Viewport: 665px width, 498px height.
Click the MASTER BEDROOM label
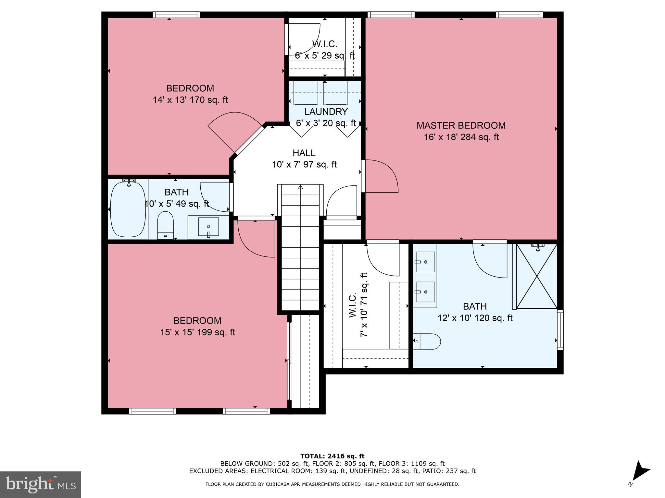(x=461, y=125)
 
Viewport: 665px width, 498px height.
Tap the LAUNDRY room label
(x=326, y=112)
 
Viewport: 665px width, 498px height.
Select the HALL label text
(x=304, y=153)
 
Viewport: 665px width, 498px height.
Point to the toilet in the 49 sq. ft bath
(x=165, y=224)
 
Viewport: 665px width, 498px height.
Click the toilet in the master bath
(x=427, y=341)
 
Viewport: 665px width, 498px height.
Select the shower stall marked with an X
(x=536, y=276)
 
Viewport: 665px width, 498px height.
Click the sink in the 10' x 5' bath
(x=208, y=227)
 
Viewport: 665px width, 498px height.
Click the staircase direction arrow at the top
(x=300, y=187)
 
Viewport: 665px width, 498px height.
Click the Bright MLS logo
(x=40, y=484)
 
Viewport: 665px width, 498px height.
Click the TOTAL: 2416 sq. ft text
(x=332, y=456)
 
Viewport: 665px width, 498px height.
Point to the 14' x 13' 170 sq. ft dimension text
(x=190, y=100)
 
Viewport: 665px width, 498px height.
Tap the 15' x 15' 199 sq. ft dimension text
(x=197, y=332)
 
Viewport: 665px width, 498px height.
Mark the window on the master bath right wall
(x=560, y=330)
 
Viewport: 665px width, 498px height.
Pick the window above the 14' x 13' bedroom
(x=176, y=15)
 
